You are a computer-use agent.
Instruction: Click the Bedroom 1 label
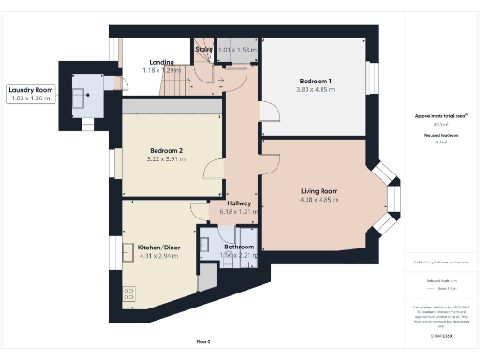pyautogui.click(x=316, y=82)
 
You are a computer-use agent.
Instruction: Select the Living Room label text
pyautogui.click(x=319, y=190)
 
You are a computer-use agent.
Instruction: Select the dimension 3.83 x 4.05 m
pyautogui.click(x=316, y=90)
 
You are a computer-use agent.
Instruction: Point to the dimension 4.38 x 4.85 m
pyautogui.click(x=319, y=199)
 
